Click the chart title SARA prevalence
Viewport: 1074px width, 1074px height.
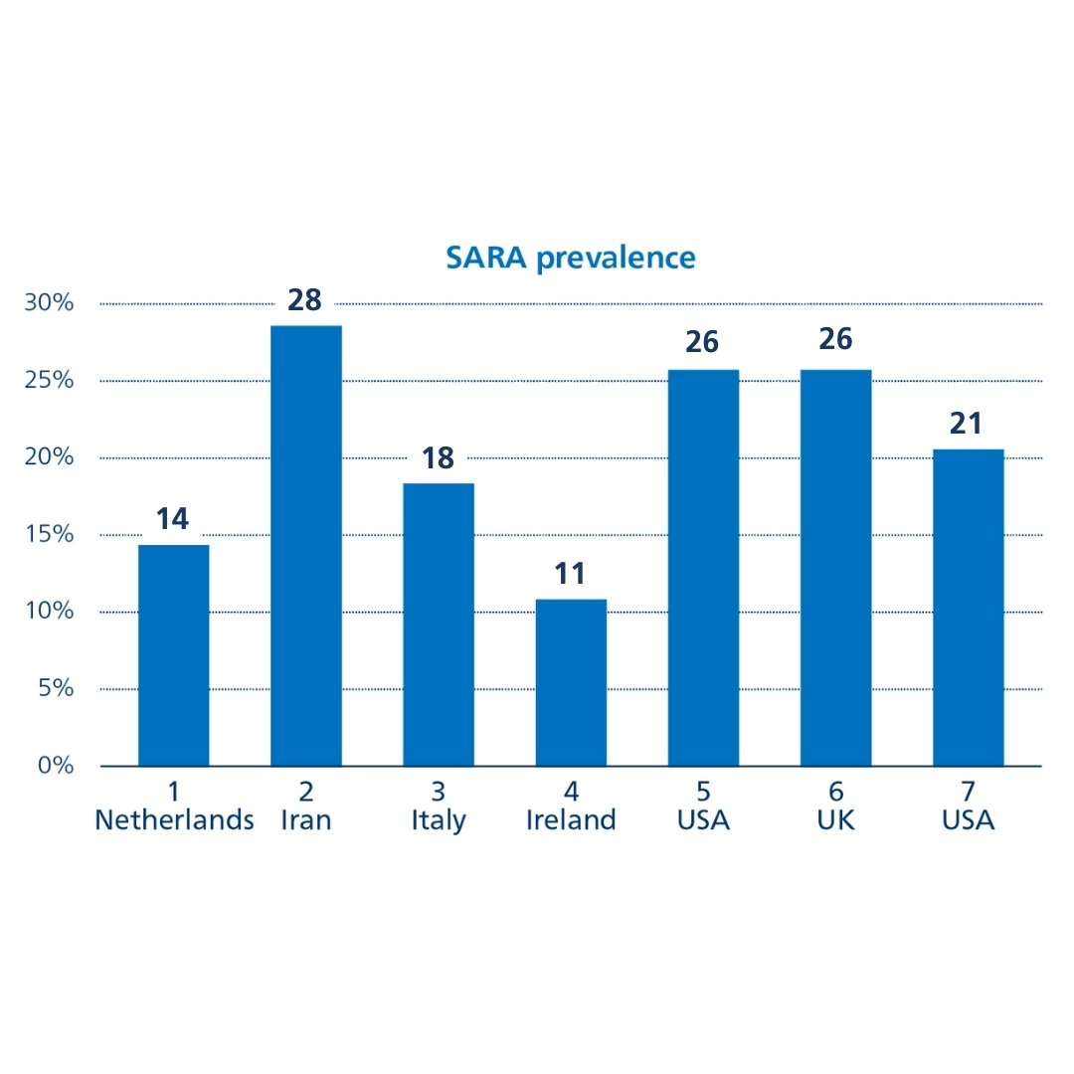[570, 258]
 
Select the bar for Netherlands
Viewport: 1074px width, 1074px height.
[174, 655]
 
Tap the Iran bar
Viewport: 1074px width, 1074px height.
[305, 546]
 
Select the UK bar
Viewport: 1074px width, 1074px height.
[835, 568]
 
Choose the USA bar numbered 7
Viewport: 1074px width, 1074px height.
[968, 608]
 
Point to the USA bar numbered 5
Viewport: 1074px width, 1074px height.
[703, 568]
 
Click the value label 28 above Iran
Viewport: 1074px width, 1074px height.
[304, 299]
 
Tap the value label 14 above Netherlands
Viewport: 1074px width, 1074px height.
[173, 518]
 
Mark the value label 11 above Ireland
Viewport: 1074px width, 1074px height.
[570, 574]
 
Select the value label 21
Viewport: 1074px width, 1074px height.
[966, 424]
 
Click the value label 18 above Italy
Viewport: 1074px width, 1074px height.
[438, 457]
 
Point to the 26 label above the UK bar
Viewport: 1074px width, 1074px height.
[835, 339]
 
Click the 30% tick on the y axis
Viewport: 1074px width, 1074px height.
[50, 303]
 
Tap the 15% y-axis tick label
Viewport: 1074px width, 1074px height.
[50, 535]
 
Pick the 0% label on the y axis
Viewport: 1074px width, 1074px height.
[56, 766]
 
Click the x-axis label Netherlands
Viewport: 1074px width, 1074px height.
[174, 820]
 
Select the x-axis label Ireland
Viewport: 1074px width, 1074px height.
[570, 820]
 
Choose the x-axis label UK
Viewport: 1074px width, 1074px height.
[835, 820]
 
